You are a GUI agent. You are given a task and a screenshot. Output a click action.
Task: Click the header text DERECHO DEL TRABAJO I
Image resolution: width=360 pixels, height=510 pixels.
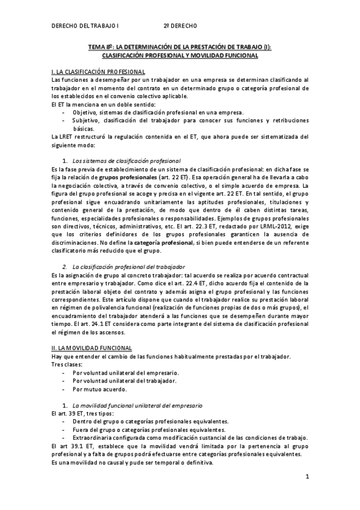pos(85,26)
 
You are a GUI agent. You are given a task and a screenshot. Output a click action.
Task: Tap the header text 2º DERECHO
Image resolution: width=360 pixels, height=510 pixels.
pos(180,26)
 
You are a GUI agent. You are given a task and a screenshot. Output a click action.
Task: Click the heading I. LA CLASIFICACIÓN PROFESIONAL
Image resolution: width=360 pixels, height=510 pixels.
pos(99,72)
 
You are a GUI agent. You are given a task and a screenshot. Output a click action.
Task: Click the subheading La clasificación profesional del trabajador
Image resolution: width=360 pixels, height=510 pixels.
pos(129,266)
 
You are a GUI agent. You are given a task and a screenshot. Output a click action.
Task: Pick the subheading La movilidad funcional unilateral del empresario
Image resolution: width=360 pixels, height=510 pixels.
pos(137,405)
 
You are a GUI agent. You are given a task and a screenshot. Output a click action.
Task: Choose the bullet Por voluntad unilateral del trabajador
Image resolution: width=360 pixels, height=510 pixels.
pos(124,380)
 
